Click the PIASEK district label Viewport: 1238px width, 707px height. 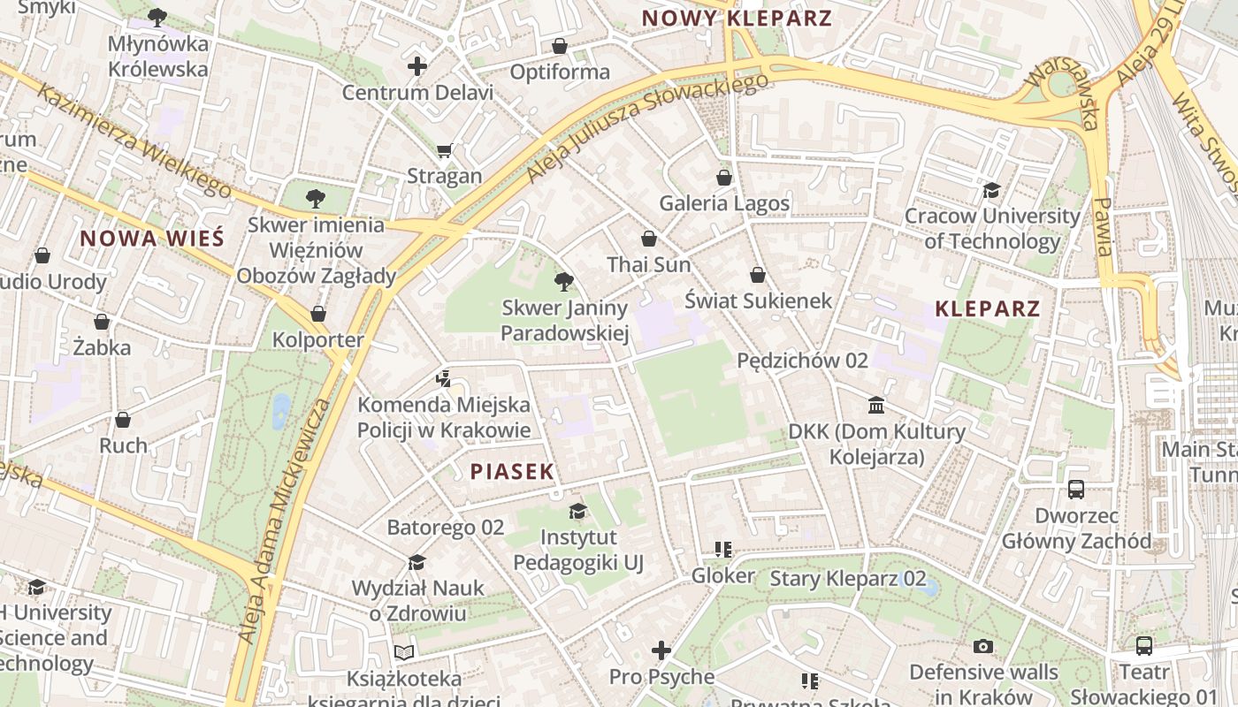pos(512,471)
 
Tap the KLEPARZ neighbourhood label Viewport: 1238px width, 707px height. pos(988,308)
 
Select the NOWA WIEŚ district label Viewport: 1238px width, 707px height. pos(152,238)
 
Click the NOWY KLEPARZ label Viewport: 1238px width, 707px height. pos(737,19)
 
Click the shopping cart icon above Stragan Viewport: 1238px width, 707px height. pos(444,150)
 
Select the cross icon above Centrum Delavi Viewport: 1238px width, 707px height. pos(417,66)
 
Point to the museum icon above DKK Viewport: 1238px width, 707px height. pos(876,406)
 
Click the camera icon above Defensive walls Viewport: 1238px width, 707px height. pos(983,646)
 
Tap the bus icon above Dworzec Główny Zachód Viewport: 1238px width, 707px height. pos(1076,489)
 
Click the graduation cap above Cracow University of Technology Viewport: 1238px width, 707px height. pos(991,190)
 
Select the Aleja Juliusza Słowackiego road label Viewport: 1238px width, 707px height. pos(647,129)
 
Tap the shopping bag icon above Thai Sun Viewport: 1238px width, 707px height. pos(649,239)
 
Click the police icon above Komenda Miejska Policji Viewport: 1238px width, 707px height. pos(444,379)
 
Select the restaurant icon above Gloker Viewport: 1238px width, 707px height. pos(723,550)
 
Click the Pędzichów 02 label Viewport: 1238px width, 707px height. pos(802,361)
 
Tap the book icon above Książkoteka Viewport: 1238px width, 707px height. pos(404,652)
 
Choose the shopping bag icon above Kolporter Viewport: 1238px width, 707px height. pos(318,314)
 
